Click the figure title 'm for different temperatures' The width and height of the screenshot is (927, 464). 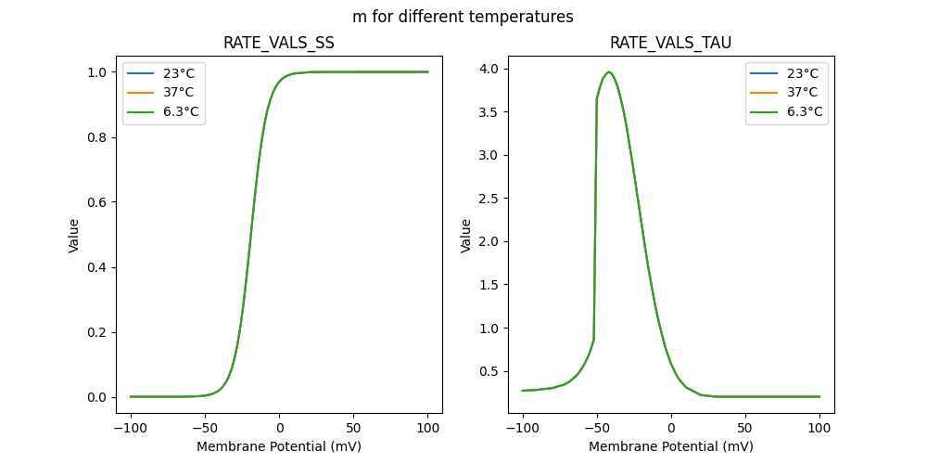[463, 17]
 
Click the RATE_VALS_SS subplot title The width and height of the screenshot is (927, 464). [279, 44]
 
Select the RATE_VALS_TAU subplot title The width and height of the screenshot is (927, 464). [671, 44]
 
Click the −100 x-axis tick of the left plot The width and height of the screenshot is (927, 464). [130, 429]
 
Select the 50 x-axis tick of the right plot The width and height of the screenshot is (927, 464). [744, 429]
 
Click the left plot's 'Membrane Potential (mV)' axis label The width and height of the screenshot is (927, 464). [279, 446]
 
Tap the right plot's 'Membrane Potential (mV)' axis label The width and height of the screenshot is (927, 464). [671, 446]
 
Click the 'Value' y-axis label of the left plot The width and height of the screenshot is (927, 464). [74, 236]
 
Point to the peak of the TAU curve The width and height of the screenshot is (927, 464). [609, 72]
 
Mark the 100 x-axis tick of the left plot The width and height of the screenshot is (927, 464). [428, 429]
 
